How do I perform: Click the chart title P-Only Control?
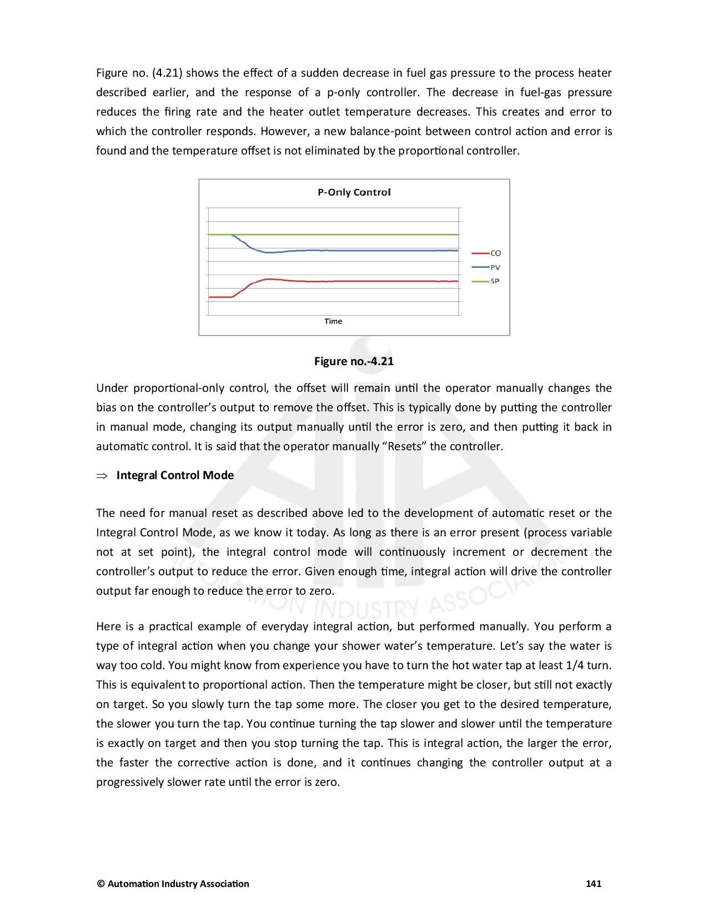354,192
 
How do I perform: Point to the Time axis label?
333,321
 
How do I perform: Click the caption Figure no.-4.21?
354,361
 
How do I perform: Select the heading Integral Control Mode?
175,475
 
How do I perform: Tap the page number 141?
594,884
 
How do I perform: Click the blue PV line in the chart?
361,251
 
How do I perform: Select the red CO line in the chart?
361,281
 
